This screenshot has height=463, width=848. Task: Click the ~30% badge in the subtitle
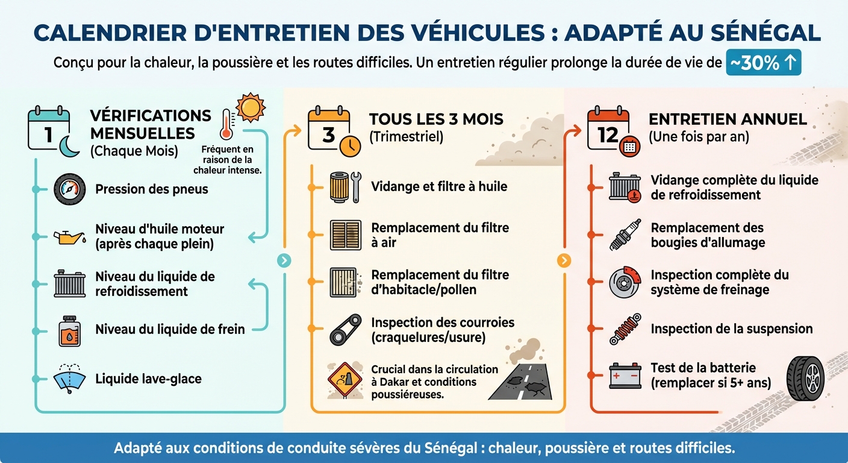763,63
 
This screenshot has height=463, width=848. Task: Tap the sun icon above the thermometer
250,107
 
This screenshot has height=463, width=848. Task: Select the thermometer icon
226,124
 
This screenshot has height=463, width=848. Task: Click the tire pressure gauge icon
69,189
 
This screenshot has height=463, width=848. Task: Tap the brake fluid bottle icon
70,331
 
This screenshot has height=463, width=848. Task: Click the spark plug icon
625,235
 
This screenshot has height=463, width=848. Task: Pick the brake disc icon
625,282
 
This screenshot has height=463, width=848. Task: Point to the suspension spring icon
625,329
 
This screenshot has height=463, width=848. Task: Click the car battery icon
625,376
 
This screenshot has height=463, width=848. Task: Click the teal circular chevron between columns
284,260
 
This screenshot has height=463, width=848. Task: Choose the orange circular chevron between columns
564,260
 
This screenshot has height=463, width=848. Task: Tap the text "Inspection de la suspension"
732,329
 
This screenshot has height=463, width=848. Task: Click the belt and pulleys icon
346,330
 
